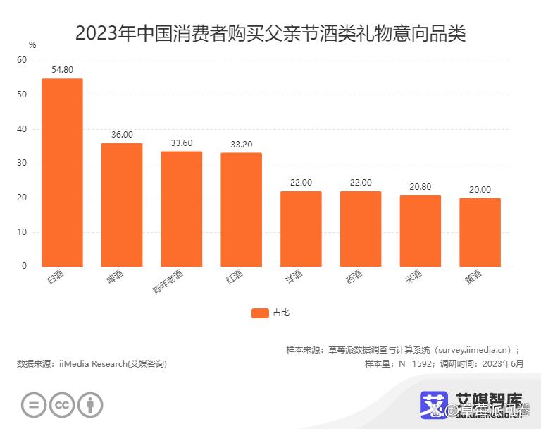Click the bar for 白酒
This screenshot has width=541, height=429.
62,172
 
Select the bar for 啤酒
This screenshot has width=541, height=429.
122,205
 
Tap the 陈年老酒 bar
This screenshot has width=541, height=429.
182,209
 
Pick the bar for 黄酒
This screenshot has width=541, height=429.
480,232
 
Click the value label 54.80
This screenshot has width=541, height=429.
62,69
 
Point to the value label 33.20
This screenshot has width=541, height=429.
241,143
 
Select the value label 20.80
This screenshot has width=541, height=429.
421,186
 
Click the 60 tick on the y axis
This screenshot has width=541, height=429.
22,61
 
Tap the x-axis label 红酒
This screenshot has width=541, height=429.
234,277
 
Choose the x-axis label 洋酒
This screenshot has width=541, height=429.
294,277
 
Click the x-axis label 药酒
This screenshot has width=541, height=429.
354,277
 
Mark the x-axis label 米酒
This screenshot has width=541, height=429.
413,277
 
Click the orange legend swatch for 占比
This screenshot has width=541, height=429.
260,313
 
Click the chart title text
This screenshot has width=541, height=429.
270,32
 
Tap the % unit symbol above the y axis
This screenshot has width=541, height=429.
32,45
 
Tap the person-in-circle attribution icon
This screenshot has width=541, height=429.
89,404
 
